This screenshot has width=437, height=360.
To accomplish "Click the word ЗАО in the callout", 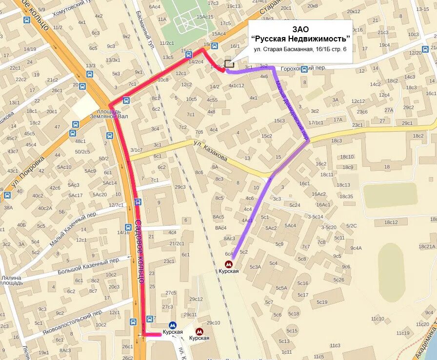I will [x=300, y=29].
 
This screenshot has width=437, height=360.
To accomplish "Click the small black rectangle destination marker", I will [x=229, y=63].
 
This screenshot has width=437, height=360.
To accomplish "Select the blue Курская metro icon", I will [x=172, y=325].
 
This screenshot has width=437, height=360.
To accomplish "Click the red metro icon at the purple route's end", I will [x=228, y=264].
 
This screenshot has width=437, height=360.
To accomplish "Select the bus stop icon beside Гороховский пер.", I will [x=304, y=69].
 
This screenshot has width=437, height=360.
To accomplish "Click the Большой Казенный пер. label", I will [x=88, y=266].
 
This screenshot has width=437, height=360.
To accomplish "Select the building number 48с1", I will [x=80, y=141].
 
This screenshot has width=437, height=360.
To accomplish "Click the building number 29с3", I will [x=180, y=187].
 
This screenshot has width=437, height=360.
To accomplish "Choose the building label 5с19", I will [x=321, y=302].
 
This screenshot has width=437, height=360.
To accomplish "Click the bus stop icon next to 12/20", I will [x=425, y=49].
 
